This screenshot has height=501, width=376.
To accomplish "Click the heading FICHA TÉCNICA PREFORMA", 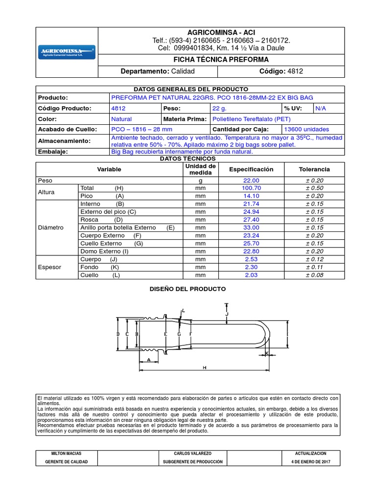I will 222,60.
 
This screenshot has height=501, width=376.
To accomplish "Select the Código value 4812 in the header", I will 295,71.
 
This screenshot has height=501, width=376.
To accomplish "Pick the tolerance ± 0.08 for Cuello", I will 314,275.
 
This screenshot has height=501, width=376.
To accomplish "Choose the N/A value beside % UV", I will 320,108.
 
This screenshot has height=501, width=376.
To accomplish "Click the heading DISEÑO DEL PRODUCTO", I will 188,289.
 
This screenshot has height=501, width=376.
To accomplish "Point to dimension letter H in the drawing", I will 204,367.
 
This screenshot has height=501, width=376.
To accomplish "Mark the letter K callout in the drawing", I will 267,352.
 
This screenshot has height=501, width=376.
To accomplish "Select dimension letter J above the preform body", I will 227,315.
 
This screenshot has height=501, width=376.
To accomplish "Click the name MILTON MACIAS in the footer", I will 67,454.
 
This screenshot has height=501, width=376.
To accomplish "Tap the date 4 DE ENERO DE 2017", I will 311,462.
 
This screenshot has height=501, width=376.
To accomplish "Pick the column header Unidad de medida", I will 200,169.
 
